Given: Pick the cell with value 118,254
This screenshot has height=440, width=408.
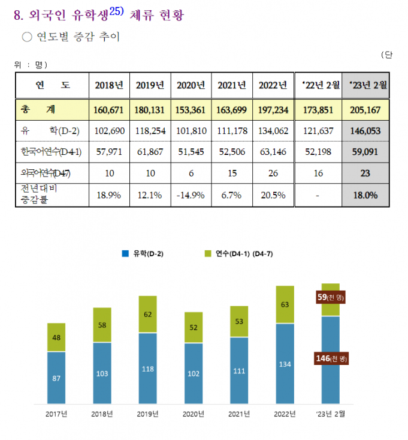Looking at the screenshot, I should [x=150, y=131].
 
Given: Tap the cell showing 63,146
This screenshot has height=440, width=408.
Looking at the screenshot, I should [x=273, y=152].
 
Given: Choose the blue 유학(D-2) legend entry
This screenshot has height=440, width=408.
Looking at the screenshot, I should [x=143, y=254].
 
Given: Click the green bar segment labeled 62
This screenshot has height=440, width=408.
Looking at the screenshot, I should [x=147, y=314].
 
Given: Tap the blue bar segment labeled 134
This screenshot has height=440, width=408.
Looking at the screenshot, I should [x=285, y=363].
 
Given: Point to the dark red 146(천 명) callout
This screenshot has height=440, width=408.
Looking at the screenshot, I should [x=331, y=358].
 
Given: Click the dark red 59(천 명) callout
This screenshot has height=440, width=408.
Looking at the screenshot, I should [x=332, y=297].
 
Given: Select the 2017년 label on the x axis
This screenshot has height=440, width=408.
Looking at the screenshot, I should [x=56, y=414].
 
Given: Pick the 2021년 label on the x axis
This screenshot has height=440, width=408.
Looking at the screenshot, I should [x=239, y=414].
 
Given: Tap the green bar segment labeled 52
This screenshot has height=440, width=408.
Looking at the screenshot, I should [x=194, y=327].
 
